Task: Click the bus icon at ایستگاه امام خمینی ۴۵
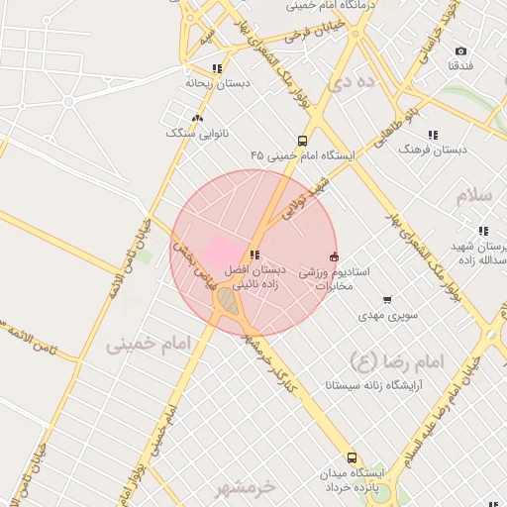(x=302, y=141)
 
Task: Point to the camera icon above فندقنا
(x=460, y=51)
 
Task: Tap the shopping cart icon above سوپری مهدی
(x=386, y=300)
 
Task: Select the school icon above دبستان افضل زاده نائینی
(x=255, y=255)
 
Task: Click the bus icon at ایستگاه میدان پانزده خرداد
(x=353, y=458)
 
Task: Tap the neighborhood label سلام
(x=473, y=195)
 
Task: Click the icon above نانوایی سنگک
(x=197, y=118)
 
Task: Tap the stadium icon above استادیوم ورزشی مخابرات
(x=334, y=256)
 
